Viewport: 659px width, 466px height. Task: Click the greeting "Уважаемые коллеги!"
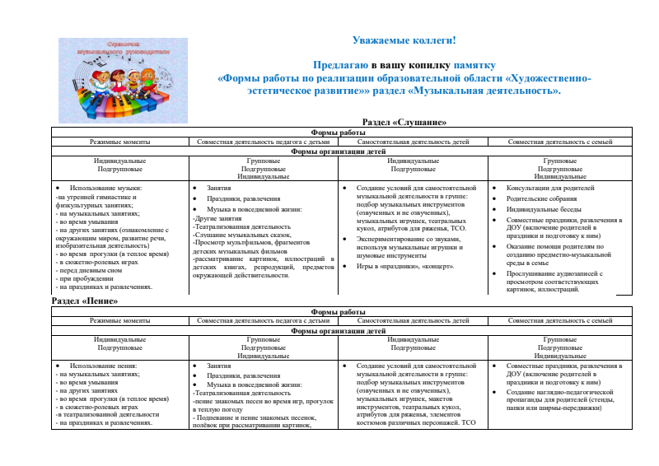404,40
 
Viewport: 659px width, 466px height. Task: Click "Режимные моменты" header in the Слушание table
120,142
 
